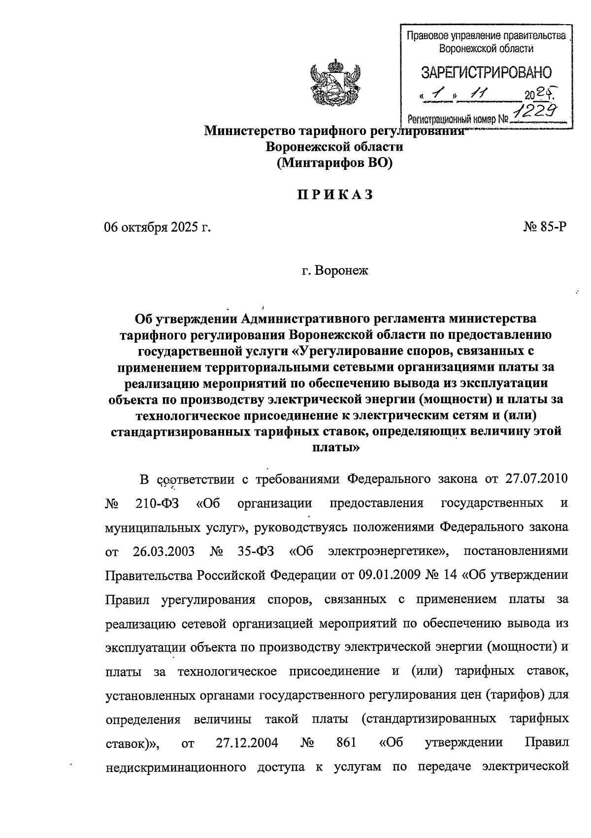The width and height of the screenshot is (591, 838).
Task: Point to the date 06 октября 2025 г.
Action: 157,227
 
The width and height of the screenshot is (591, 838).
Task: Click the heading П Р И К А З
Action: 334,195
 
